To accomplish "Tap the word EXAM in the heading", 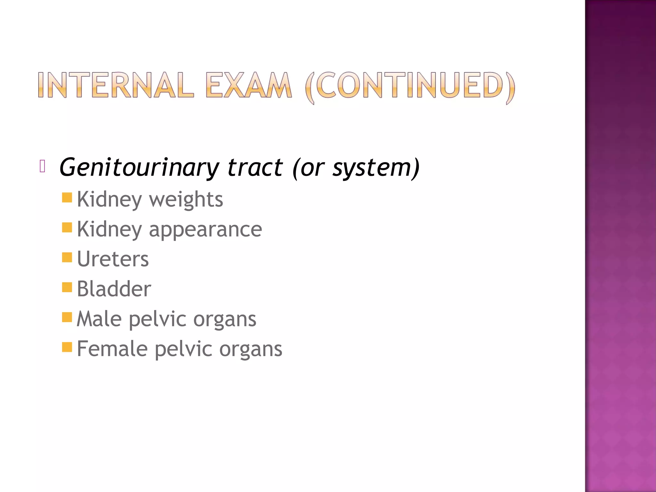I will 249,85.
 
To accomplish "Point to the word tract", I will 255,168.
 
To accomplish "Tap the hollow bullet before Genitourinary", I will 43,166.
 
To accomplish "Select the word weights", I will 186,200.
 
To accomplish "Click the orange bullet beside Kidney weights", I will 67,198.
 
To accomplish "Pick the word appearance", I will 205,229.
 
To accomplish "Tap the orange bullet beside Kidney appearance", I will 67,227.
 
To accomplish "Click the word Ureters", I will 113,259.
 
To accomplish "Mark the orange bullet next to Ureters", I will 67,257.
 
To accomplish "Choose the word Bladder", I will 114,289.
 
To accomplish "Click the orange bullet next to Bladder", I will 67,287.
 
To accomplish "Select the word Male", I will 99,319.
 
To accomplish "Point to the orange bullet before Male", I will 67,317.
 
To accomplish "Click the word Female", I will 112,348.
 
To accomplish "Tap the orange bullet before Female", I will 67,347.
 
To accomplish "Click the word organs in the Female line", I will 250,350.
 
